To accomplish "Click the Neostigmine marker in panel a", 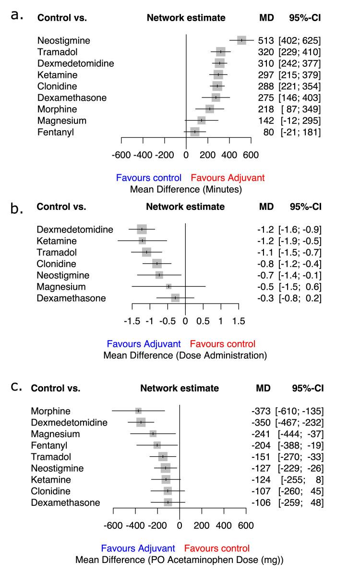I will [241, 40].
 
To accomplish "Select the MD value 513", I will [265, 40].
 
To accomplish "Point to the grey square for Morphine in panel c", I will [138, 411].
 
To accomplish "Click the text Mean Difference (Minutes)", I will [186, 189].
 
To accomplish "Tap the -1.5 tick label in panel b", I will [132, 321].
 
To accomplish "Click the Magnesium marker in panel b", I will [168, 287].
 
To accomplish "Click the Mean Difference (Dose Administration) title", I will [185, 356].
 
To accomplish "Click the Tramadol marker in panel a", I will [220, 52].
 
